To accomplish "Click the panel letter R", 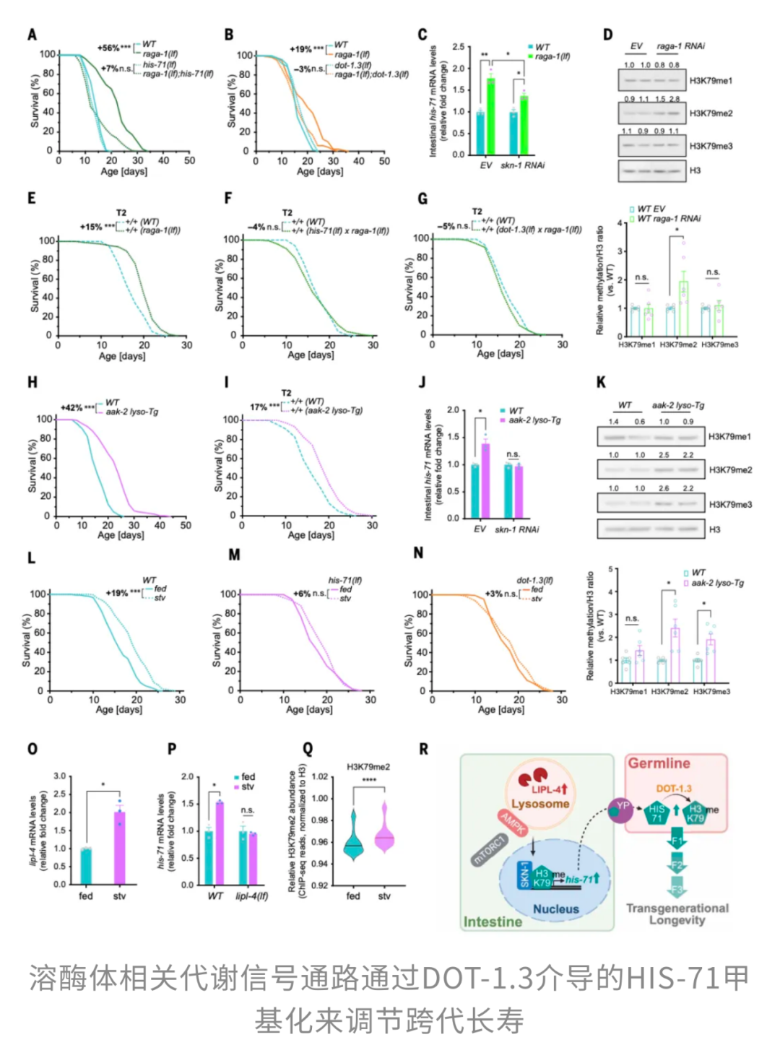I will [424, 749].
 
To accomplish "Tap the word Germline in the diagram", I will [659, 763].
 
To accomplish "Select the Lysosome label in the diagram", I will [540, 804].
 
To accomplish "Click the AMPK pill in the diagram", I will [513, 822].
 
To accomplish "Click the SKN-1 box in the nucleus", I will [524, 875].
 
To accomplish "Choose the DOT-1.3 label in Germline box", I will [674, 789].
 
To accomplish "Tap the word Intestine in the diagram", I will [493, 922].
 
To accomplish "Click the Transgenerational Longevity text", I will [677, 914].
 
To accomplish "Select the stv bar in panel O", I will [119, 848].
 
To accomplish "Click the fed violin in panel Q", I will [353, 836].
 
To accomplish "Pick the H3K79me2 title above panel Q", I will [368, 767].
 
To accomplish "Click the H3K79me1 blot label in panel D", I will [711, 81].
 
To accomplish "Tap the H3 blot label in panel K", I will [714, 529].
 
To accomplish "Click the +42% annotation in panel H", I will [71, 408].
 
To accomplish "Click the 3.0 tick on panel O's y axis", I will [59, 776].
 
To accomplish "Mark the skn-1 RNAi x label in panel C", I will [522, 165].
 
